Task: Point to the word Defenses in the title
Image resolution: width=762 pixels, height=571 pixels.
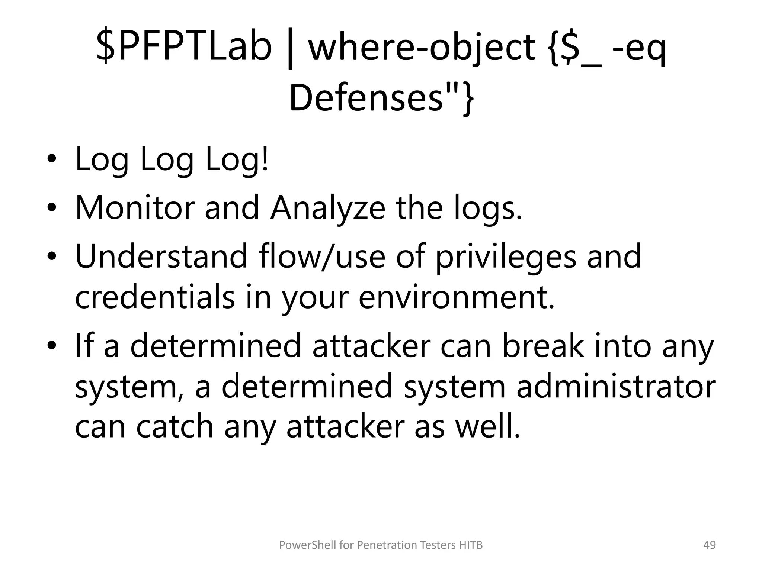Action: (366, 98)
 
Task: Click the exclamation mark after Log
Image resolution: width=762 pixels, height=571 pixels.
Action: (265, 159)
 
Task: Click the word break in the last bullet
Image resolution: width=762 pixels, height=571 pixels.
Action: (543, 346)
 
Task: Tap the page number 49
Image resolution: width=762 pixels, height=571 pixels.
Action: (710, 545)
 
